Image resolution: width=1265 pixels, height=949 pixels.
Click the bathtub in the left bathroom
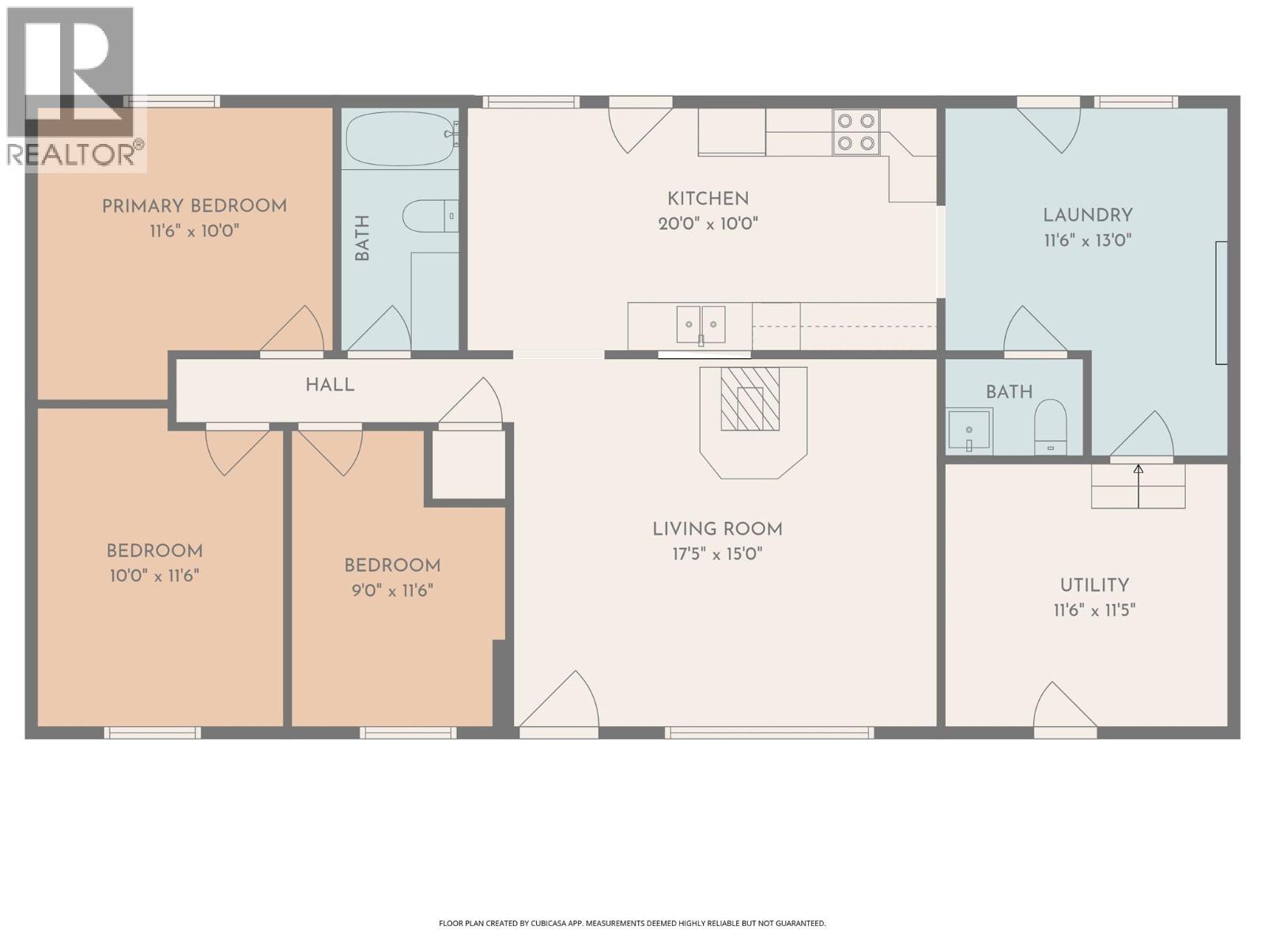point(399,138)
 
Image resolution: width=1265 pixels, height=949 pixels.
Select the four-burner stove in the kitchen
point(856,132)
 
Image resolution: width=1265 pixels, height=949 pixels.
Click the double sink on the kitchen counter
point(700,324)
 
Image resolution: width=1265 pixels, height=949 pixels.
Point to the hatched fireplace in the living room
point(750,399)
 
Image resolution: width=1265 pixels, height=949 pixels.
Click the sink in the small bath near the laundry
point(969,430)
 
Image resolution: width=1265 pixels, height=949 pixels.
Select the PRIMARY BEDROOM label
point(194,206)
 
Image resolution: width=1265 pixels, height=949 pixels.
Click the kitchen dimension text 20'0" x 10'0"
point(708,224)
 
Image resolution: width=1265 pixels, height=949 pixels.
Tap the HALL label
point(330,385)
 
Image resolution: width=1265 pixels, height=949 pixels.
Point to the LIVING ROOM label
point(717,529)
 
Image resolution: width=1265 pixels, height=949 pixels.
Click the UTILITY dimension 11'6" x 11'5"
point(1094,611)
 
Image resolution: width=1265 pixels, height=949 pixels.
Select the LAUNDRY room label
point(1088,215)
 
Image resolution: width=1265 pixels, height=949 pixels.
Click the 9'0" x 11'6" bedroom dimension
point(392,590)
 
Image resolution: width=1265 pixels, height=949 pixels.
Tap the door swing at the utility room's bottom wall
point(1063,706)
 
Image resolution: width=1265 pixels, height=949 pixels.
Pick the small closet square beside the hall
point(468,464)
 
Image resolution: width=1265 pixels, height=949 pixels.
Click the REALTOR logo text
point(75,153)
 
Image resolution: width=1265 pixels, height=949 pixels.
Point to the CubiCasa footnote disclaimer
point(632,923)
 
